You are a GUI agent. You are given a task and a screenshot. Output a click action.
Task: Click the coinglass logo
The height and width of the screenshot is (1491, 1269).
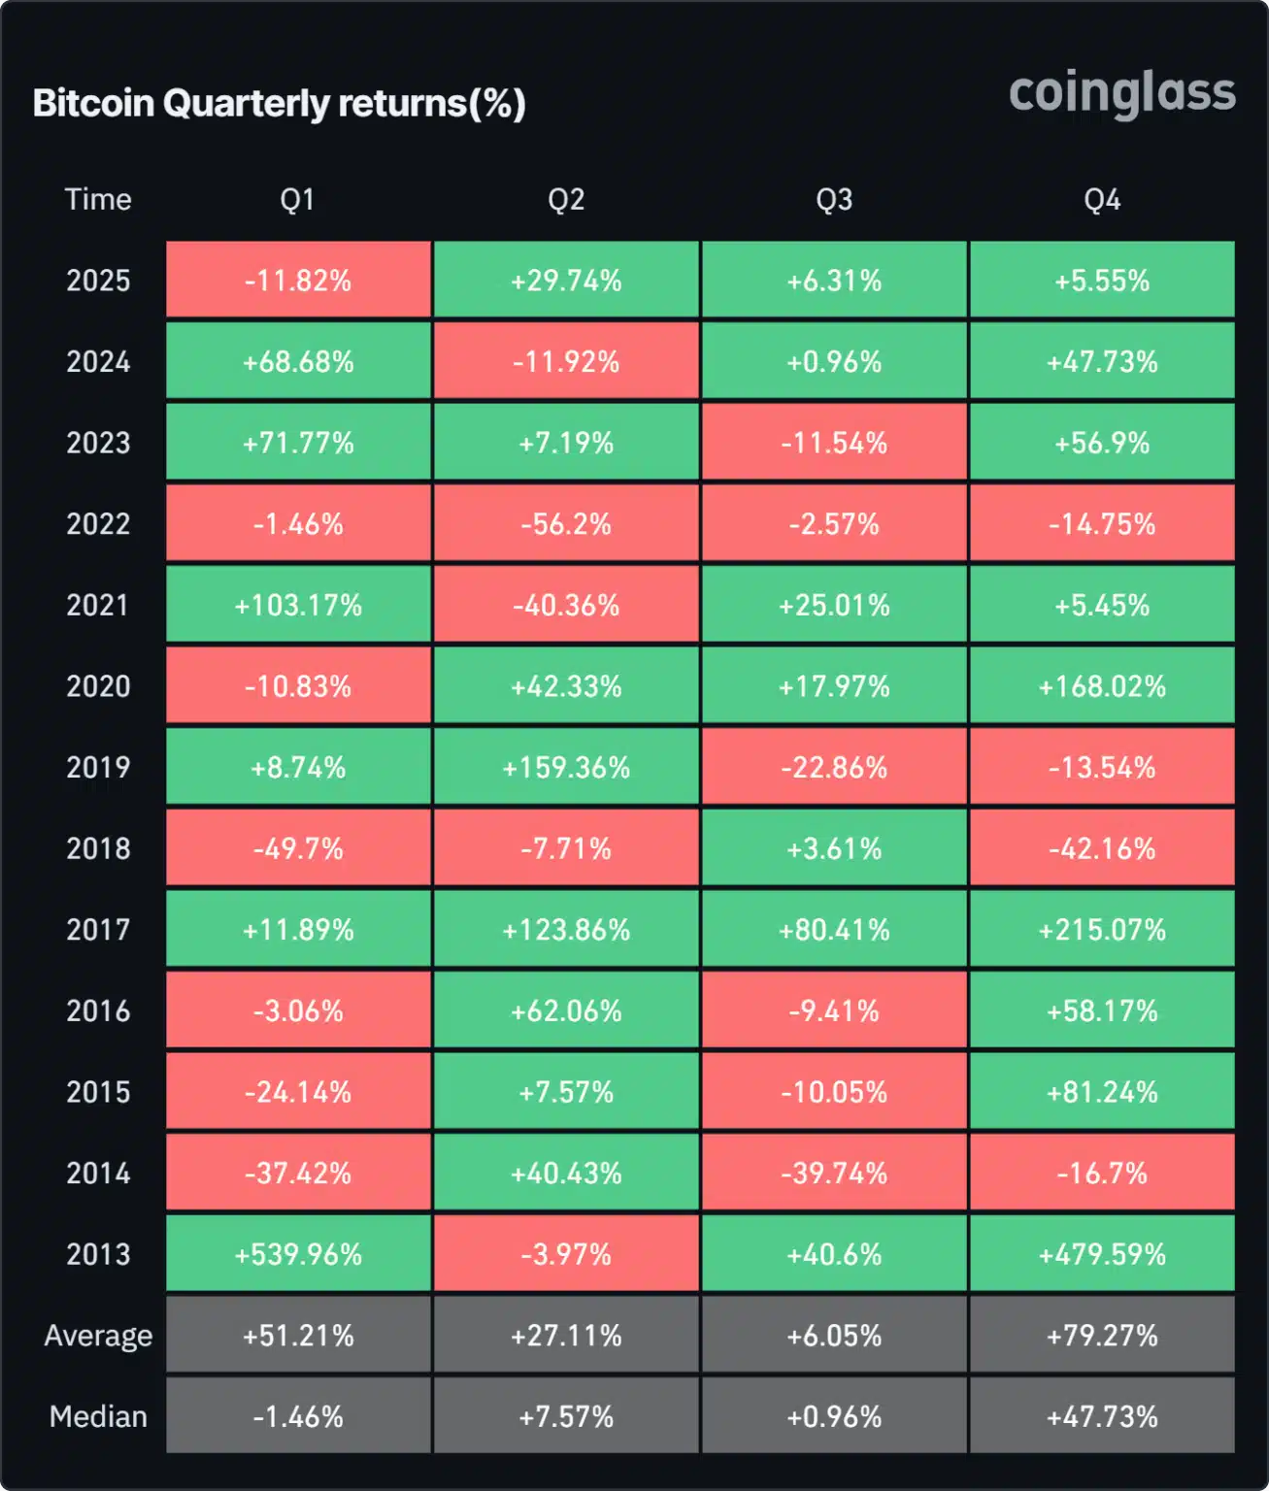click(1121, 93)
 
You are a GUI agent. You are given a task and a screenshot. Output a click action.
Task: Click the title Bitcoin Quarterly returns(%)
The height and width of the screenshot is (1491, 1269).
click(279, 103)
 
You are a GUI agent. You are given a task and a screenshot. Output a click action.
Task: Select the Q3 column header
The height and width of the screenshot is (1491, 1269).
click(834, 200)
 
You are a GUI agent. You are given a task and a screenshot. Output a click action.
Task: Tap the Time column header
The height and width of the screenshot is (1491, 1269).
click(98, 200)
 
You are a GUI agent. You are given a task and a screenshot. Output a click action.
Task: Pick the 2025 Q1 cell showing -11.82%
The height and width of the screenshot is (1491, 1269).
click(298, 281)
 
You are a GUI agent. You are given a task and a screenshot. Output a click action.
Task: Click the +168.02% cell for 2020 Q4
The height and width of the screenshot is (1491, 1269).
click(1102, 686)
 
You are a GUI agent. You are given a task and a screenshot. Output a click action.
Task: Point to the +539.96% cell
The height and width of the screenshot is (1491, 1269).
click(298, 1254)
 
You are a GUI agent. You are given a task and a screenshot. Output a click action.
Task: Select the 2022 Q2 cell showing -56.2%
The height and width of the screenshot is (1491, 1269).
click(566, 524)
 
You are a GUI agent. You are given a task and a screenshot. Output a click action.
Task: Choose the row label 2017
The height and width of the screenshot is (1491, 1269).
click(98, 930)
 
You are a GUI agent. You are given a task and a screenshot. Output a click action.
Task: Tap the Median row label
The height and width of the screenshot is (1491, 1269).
click(98, 1416)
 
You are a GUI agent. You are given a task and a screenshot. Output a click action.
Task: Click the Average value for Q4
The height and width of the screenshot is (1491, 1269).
click(1102, 1336)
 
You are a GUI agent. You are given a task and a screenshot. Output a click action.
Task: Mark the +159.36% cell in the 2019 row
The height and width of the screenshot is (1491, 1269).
click(566, 768)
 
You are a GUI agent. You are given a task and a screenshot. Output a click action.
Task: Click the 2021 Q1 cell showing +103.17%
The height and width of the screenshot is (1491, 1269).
click(298, 606)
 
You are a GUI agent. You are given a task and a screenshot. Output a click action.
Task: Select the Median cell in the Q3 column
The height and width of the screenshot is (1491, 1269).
click(834, 1416)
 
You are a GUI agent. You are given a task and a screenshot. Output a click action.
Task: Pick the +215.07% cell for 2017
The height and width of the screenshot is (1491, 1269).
click(1102, 930)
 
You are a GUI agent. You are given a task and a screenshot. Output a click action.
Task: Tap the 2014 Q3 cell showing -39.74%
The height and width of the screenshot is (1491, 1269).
click(834, 1174)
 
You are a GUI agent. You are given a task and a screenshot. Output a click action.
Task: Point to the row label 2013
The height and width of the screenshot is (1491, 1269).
click(98, 1254)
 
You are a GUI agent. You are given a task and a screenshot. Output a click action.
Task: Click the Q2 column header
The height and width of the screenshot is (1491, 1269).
click(566, 200)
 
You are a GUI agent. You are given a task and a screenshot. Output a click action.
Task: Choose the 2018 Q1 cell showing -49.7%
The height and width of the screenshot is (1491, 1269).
click(298, 849)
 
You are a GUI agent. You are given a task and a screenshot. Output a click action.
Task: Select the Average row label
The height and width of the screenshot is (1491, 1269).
click(98, 1336)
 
